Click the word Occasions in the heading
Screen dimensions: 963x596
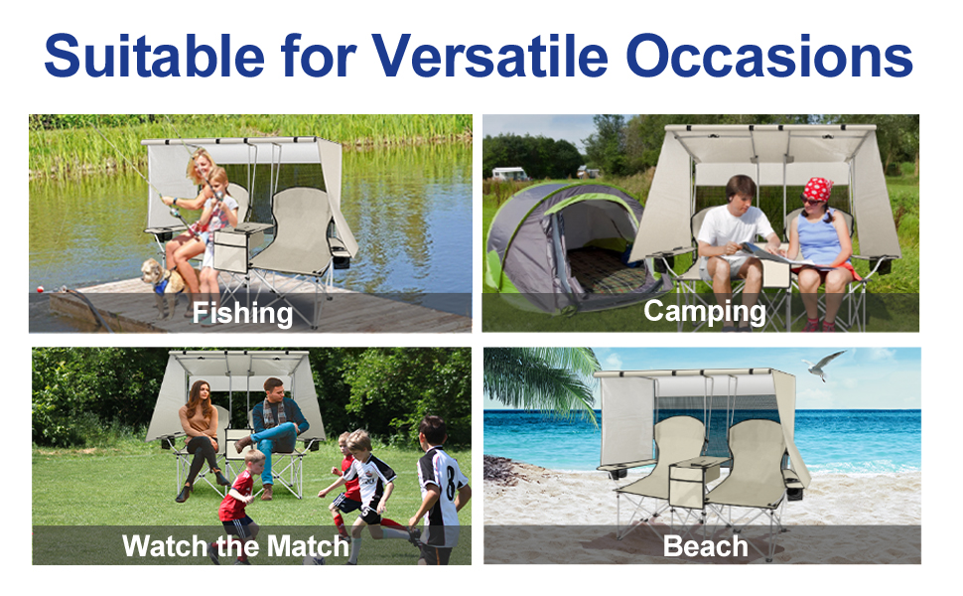pos(769,56)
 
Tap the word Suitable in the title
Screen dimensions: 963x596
pos(154,56)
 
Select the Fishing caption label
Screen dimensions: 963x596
pos(242,313)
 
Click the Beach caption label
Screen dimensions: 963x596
pos(705,546)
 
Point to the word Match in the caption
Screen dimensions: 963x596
pos(309,545)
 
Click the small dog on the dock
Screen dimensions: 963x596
pos(161,284)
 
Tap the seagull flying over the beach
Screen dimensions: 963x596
pos(824,365)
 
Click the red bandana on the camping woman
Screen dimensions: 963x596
pos(817,189)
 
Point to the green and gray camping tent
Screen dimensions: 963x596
pos(568,245)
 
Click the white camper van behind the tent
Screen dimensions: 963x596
pos(509,174)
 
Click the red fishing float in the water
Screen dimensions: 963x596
pos(40,289)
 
